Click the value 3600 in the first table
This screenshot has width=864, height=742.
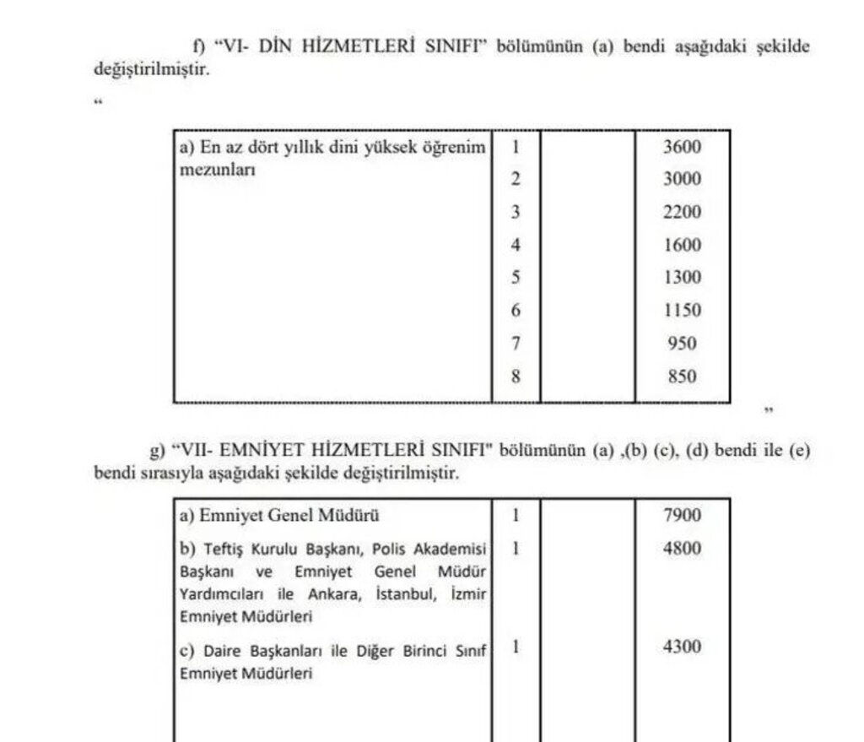click(682, 147)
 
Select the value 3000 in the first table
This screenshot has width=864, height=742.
click(682, 180)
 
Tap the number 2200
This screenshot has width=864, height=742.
click(682, 213)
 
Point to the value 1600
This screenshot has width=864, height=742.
click(682, 246)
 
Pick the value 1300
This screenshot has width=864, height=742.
click(682, 278)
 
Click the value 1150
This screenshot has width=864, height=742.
click(682, 311)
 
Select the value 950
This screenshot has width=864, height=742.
click(682, 344)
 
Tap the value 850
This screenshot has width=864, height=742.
click(682, 376)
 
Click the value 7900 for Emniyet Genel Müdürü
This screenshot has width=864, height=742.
click(682, 515)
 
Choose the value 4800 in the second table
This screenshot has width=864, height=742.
click(682, 548)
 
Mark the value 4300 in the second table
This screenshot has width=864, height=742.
click(682, 647)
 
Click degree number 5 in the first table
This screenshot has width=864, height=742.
click(516, 278)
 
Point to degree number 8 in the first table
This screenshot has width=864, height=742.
click(516, 376)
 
